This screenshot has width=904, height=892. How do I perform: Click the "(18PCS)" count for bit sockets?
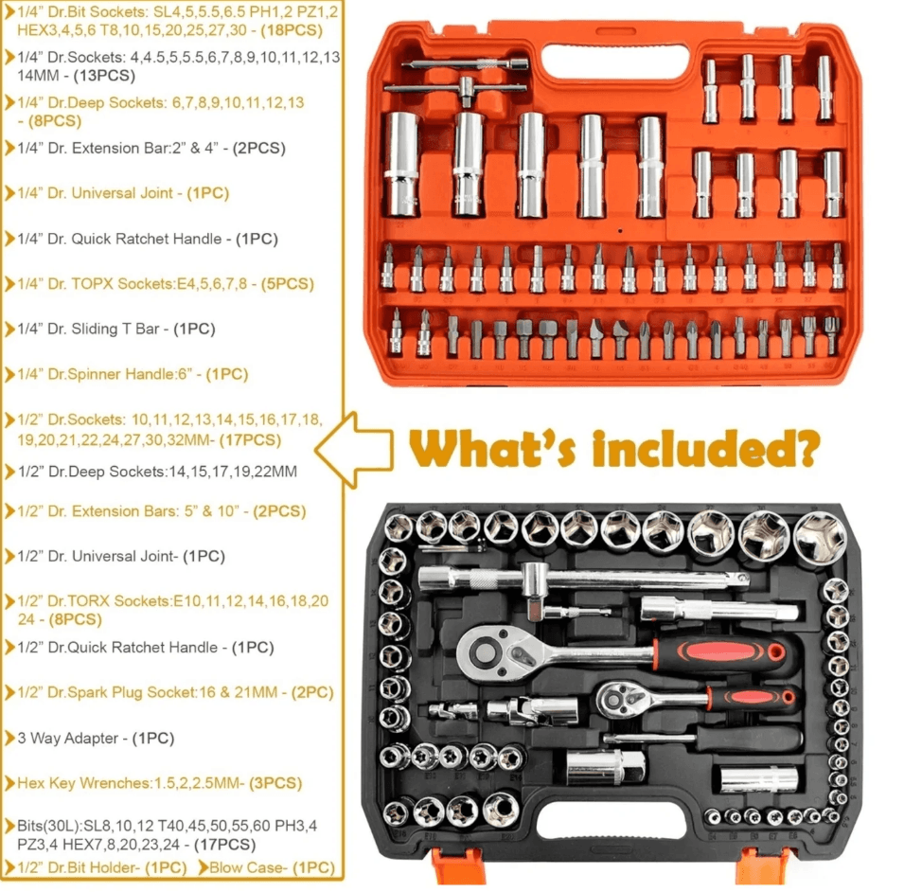point(292,30)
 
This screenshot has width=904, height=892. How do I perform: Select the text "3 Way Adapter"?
point(68,738)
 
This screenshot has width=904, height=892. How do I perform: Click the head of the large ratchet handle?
point(486,652)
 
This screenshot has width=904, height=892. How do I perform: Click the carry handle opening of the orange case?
point(615,62)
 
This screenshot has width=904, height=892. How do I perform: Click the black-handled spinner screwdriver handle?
point(750,738)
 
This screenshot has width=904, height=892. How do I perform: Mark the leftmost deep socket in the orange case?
point(401,164)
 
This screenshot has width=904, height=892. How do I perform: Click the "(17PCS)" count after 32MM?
point(250,440)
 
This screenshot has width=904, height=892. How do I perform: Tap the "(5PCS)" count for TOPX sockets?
point(287,284)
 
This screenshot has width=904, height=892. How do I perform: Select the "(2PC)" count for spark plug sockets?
point(313,692)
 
